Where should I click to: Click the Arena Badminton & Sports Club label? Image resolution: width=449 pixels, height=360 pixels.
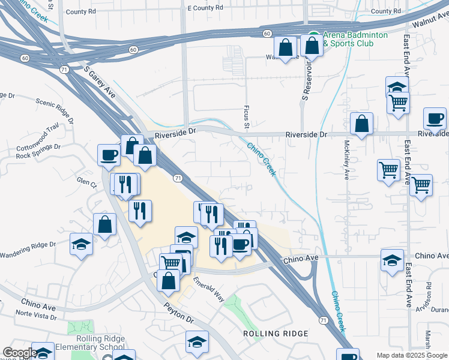[x=355, y=40]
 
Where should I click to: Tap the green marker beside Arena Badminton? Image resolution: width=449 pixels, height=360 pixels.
[x=313, y=35]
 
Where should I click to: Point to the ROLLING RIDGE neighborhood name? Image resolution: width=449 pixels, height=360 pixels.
[x=276, y=333]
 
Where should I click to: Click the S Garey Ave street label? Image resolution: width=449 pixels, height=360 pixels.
[x=99, y=83]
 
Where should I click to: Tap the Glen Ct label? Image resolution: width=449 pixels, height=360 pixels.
[x=86, y=182]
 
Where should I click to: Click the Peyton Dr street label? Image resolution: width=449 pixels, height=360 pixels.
[x=178, y=312]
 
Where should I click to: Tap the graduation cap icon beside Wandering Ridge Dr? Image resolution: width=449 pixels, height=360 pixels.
[x=82, y=245]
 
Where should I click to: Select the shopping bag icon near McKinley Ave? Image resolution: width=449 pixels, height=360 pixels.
[x=361, y=124]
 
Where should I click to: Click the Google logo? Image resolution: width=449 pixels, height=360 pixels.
[x=20, y=353]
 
